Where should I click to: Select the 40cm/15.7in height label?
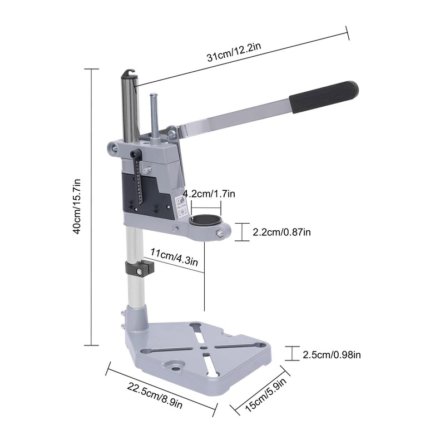pyautogui.click(x=78, y=206)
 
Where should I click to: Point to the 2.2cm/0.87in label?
pyautogui.click(x=281, y=232)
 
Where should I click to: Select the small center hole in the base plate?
pyautogui.click(x=206, y=352)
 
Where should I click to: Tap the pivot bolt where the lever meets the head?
pyautogui.click(x=171, y=133)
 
